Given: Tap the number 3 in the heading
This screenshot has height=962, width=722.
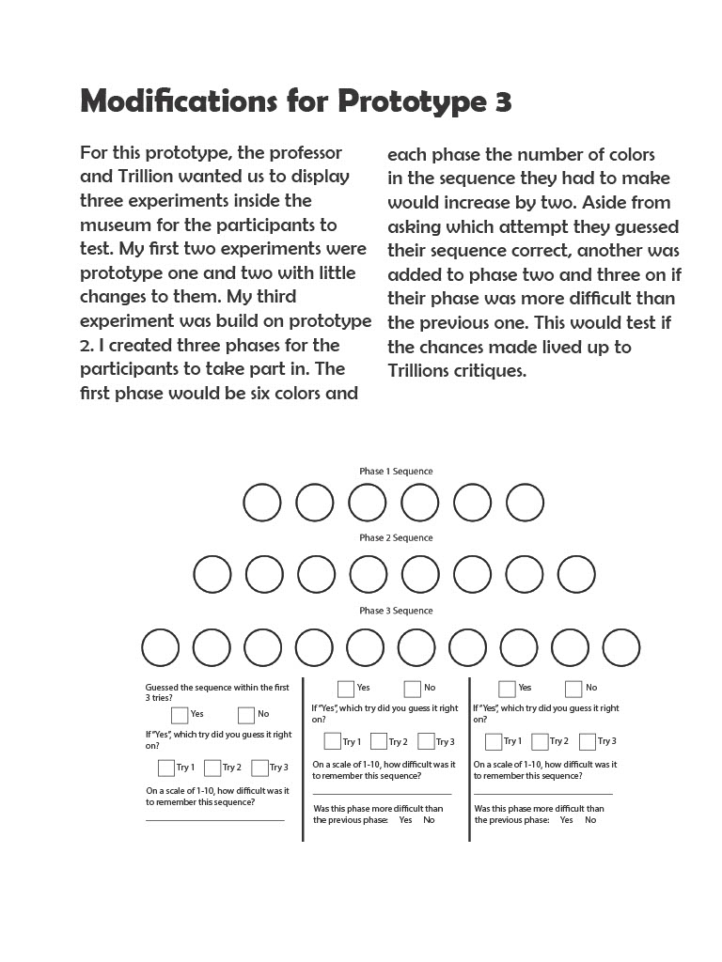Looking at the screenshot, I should click(502, 102).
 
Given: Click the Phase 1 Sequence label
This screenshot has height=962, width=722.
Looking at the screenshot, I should click(396, 471).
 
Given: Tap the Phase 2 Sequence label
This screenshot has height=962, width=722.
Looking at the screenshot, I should click(396, 537).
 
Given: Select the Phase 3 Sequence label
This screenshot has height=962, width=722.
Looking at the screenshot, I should click(396, 610).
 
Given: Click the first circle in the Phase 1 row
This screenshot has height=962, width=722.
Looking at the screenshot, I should click(262, 503).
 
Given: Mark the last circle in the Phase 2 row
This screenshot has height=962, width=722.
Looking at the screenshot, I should click(576, 574).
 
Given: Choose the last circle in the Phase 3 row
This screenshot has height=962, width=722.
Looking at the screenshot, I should click(621, 647).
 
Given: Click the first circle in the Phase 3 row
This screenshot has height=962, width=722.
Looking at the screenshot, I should click(161, 647).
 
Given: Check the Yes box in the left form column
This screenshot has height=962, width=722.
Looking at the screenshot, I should click(180, 715).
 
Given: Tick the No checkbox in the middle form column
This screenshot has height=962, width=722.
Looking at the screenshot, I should click(413, 689).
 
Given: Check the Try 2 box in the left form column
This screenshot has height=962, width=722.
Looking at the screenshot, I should click(212, 768).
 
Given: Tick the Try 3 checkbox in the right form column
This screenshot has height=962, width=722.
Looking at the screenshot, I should click(588, 742).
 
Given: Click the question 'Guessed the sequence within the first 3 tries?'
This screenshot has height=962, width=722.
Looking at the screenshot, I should click(217, 692).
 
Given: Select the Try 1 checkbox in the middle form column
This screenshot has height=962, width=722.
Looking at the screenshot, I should click(333, 742).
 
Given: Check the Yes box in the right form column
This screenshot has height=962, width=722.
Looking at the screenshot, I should click(507, 689).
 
